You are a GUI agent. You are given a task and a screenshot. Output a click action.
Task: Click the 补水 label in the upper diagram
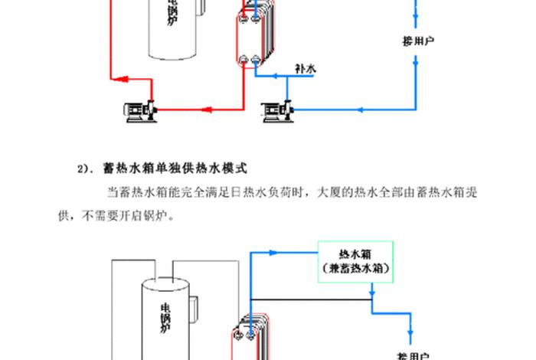(x=305, y=69)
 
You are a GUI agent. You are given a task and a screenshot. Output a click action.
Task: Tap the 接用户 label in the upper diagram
(x=419, y=40)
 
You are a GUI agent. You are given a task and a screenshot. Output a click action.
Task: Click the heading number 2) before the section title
(x=83, y=167)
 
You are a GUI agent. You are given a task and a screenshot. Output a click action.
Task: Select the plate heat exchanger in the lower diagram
(x=253, y=337)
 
